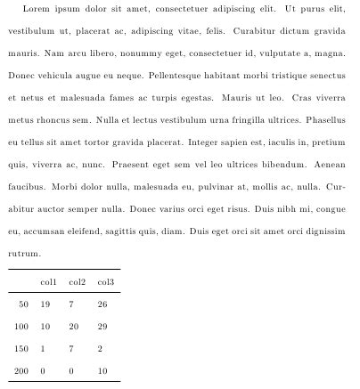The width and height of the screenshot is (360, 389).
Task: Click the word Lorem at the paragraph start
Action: [x=37, y=9]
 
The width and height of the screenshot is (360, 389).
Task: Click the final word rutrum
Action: [x=24, y=254]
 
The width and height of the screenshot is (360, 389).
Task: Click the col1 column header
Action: [x=48, y=283]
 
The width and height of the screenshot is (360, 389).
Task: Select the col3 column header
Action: [x=105, y=283]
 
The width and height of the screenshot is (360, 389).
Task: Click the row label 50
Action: [x=23, y=304]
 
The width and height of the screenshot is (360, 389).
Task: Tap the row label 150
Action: [x=21, y=348]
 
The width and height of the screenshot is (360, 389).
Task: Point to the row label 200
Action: [x=21, y=370]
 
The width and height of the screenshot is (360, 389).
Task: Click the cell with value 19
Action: [x=45, y=304]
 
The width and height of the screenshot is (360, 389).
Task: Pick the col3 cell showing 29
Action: [x=102, y=327]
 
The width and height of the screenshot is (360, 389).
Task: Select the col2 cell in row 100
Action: [x=73, y=327]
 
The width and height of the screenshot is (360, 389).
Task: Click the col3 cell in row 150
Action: [x=100, y=348]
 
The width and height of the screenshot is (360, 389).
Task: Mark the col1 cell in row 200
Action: [x=43, y=370]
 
